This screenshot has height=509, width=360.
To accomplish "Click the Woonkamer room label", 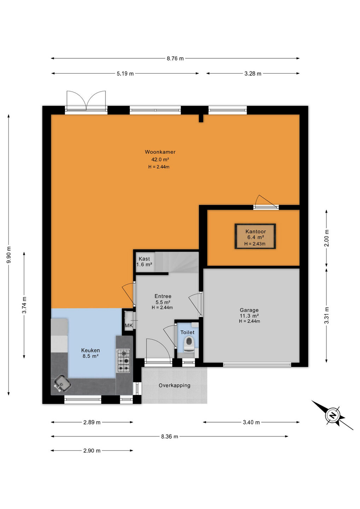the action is (x=160, y=152).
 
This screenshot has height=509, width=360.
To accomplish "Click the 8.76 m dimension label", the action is (x=175, y=58).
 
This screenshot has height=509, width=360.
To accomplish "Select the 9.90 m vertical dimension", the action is (x=8, y=255).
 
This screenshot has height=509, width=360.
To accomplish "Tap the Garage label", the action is (x=249, y=310).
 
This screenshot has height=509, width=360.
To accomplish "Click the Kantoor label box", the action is (x=255, y=236).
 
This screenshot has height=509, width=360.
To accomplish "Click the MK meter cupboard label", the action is (x=129, y=326).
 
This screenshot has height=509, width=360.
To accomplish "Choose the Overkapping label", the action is (x=174, y=385).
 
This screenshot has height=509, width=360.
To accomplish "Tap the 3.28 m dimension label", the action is (x=253, y=74).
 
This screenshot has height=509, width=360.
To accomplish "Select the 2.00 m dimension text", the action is (x=327, y=238).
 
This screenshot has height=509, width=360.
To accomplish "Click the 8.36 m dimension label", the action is (x=169, y=436).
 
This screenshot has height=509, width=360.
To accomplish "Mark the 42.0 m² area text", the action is (x=160, y=159).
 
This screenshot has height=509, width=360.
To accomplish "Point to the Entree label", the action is (x=163, y=296).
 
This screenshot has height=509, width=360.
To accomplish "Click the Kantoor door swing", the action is (x=266, y=201).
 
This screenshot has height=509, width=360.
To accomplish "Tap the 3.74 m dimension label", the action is (x=24, y=305).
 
